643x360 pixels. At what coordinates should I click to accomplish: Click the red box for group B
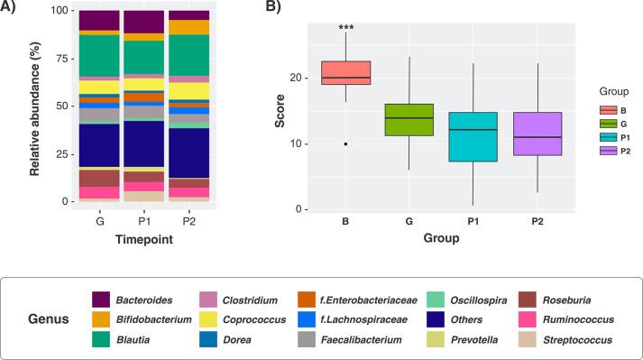click(x=345, y=73)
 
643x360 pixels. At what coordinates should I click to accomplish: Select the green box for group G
click(x=409, y=120)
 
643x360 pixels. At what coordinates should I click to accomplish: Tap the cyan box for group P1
click(x=473, y=137)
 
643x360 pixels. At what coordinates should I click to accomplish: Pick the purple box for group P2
click(x=537, y=134)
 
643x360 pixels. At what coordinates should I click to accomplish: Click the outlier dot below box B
click(x=345, y=144)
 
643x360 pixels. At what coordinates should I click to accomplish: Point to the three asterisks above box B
click(x=346, y=27)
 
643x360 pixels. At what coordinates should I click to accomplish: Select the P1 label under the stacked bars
click(x=144, y=222)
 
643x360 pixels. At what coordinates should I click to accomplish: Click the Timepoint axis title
click(x=144, y=239)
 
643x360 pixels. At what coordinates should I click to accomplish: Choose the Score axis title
click(x=280, y=111)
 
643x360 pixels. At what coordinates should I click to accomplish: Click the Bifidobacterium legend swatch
click(x=101, y=319)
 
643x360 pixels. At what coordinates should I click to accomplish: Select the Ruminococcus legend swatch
click(x=528, y=319)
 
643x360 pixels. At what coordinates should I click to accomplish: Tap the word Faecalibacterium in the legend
click(x=361, y=340)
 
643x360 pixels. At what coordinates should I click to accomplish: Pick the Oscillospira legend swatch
click(x=436, y=300)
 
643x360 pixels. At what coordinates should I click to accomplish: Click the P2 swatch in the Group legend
click(x=608, y=151)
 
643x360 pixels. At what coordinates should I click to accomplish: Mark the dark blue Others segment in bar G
click(x=99, y=146)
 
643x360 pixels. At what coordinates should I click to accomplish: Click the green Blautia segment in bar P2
click(x=189, y=55)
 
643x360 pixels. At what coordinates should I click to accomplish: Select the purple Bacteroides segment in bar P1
click(x=144, y=23)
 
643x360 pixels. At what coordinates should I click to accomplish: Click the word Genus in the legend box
click(x=49, y=319)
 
